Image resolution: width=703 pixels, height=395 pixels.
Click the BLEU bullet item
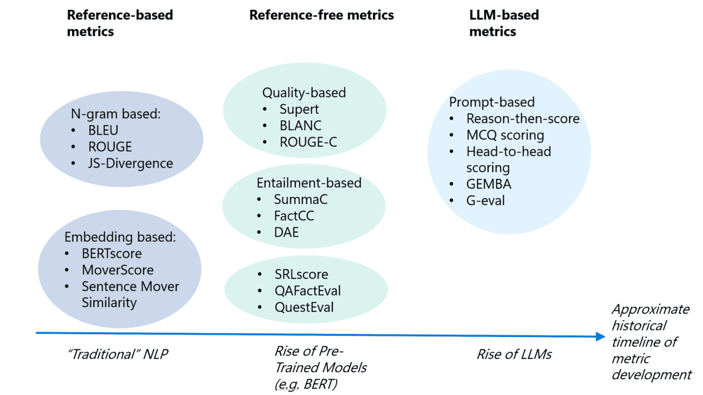[103, 130]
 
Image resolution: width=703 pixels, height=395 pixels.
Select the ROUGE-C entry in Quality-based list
[308, 142]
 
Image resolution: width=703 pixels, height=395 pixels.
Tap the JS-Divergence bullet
[131, 163]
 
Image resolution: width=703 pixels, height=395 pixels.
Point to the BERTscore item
[111, 254]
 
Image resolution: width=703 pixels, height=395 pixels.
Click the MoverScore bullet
[117, 270]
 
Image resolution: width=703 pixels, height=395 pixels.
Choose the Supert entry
[299, 109]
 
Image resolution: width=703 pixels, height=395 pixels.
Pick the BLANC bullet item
[300, 125]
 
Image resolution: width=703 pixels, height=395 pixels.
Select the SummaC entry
[301, 199]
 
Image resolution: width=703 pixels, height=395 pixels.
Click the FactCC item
[294, 216]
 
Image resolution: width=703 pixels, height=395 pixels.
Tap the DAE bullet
[286, 232]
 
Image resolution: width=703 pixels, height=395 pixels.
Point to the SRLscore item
[301, 274]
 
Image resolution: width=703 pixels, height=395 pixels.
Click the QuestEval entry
[303, 307]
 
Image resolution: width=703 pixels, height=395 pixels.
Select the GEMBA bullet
[489, 184]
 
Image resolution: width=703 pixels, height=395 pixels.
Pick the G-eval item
[485, 200]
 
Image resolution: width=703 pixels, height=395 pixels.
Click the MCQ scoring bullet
[505, 135]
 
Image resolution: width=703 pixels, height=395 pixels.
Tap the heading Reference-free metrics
[322, 15]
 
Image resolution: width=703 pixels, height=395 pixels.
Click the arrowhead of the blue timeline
[600, 336]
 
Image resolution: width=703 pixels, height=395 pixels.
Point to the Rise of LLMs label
[514, 354]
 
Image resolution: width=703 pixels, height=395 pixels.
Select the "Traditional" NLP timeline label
[118, 354]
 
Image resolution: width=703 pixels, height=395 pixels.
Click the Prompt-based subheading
[492, 102]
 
